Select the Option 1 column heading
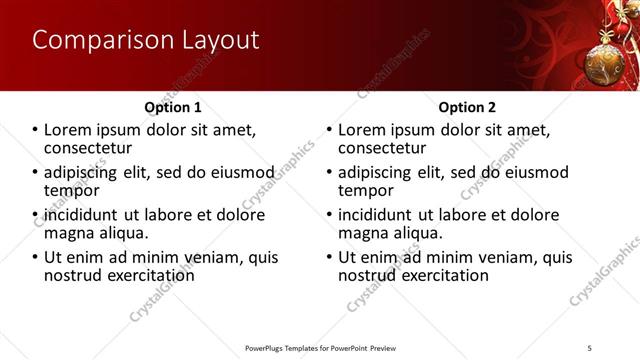(173, 107)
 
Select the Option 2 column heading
(467, 107)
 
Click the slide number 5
(590, 347)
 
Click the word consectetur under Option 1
(91, 148)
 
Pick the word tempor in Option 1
(71, 190)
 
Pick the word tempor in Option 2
(365, 190)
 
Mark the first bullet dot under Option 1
(35, 131)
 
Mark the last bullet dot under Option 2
(329, 257)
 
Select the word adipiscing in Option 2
(379, 173)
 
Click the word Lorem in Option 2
(364, 131)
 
